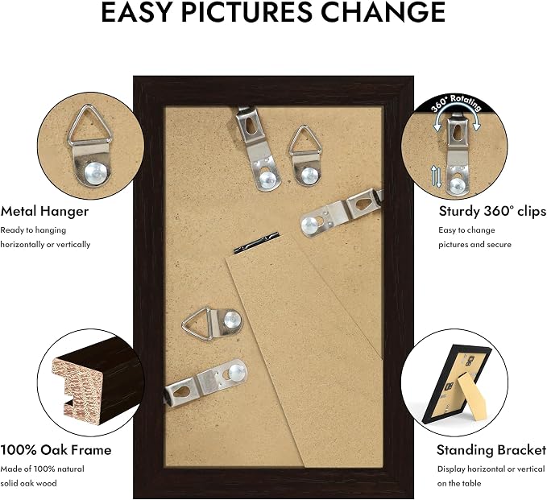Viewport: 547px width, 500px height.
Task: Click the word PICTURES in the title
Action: [x=247, y=12]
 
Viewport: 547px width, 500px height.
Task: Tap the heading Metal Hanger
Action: [x=44, y=211]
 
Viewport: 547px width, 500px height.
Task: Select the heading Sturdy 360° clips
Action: [x=492, y=211]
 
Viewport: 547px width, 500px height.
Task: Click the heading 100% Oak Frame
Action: [x=56, y=450]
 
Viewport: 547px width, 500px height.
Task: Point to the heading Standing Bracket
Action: [x=491, y=450]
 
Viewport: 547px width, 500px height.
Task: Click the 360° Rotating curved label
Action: [x=456, y=104]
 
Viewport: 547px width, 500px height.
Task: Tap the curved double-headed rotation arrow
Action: [x=457, y=119]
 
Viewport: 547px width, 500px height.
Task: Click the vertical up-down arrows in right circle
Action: [x=436, y=176]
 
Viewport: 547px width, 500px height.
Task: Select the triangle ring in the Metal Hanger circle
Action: [x=90, y=126]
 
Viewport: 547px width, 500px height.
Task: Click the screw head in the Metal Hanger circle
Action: [x=95, y=172]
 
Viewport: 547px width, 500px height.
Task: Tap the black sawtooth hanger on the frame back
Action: [x=256, y=242]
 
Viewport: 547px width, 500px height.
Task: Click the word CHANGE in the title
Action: [x=383, y=12]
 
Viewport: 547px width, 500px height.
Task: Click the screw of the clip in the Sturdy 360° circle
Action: [x=457, y=184]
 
